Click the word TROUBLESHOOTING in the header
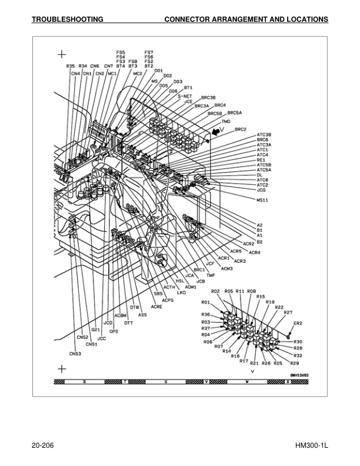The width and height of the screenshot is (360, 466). tap(67, 19)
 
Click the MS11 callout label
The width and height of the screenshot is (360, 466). tap(262, 200)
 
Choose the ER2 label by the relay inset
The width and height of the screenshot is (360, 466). tap(298, 323)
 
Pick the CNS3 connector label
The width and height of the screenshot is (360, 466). tap(75, 354)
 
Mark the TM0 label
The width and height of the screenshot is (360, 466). tap(226, 121)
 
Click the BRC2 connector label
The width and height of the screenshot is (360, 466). tap(240, 129)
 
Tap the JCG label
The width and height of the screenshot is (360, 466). tap(262, 190)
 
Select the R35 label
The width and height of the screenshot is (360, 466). tap(70, 66)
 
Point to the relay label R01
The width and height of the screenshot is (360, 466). tap(206, 302)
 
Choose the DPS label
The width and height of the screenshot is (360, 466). tap(114, 331)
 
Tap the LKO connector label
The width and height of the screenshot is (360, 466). tap(181, 292)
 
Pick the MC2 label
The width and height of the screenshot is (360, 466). tap(138, 74)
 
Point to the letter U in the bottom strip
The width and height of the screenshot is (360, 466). tap(166, 382)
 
